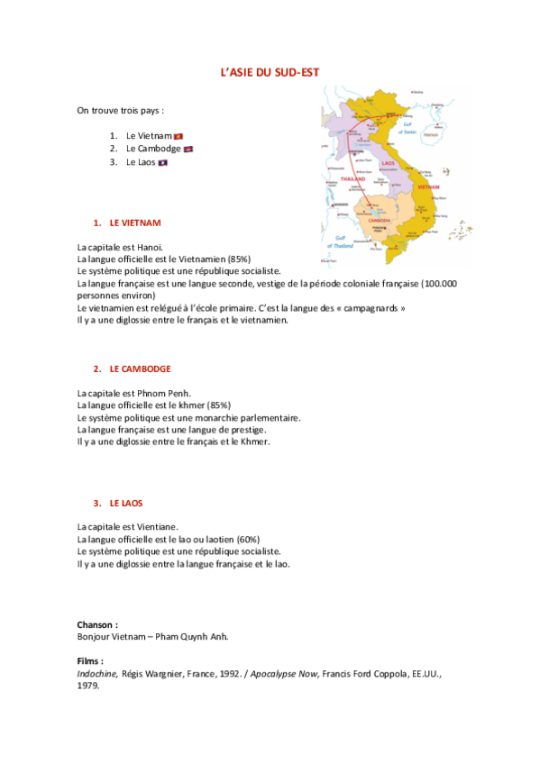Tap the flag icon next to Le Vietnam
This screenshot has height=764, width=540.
tap(178, 135)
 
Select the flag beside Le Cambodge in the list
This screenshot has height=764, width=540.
tap(188, 149)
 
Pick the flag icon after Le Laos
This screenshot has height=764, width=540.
tap(163, 162)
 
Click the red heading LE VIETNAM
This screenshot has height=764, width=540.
tap(135, 222)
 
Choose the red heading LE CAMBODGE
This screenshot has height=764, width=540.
tap(140, 368)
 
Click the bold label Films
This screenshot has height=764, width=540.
tap(90, 660)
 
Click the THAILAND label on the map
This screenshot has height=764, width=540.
tap(352, 179)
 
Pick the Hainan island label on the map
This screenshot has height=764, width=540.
tap(430, 133)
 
